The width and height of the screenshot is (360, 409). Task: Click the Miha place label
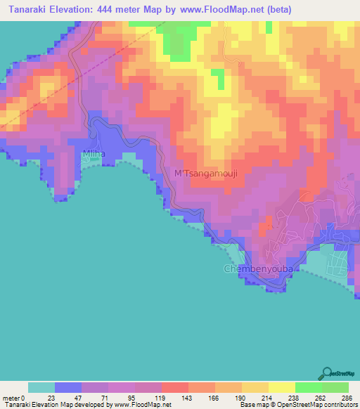[94, 153]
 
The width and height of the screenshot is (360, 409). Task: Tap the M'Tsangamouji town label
[201, 174]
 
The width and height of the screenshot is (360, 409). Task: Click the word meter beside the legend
[11, 398]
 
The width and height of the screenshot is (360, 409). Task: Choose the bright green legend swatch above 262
[308, 387]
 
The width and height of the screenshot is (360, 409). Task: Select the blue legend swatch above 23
[68, 387]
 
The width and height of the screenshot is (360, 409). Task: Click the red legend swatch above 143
[175, 387]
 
